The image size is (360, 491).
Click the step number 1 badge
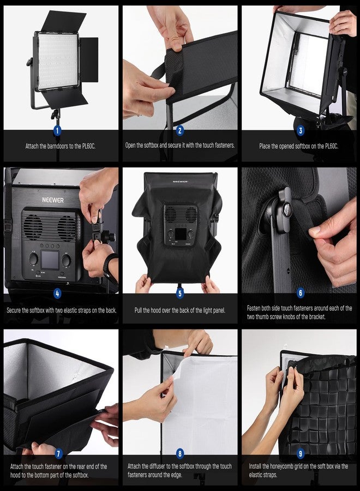coord(58,131)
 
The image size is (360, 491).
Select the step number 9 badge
coord(299,454)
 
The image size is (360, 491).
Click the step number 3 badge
coord(299,131)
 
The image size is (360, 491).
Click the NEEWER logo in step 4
coord(53,200)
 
